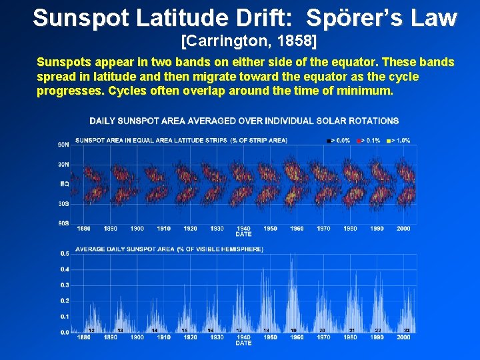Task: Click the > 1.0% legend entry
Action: tap(401, 140)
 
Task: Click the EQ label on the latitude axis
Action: tap(65, 183)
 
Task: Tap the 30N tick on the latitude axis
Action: tap(63, 164)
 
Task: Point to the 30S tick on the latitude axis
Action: tap(63, 203)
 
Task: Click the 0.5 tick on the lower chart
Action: tap(64, 254)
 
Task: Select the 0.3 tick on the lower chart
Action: tap(64, 285)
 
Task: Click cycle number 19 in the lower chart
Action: tap(293, 330)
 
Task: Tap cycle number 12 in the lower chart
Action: tap(91, 330)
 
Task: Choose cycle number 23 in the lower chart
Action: tap(405, 330)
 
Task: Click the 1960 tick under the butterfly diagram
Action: tap(297, 229)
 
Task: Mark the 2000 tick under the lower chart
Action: tap(403, 337)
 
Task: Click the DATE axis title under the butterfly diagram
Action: tap(243, 234)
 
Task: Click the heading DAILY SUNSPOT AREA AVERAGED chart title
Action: tap(244, 121)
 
